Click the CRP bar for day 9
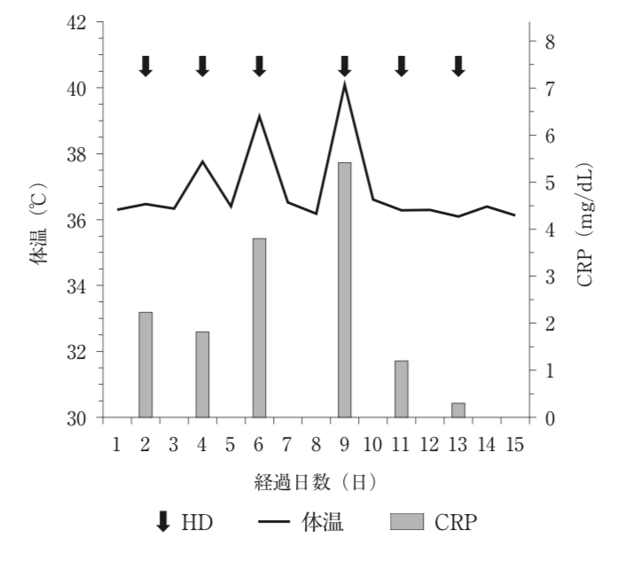[x=345, y=290]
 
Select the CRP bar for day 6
[x=259, y=328]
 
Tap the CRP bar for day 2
[x=145, y=365]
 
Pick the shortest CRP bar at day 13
[x=458, y=410]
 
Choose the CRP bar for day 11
[x=402, y=389]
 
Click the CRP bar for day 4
[x=202, y=374]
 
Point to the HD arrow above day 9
[x=345, y=66]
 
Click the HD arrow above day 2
[x=145, y=66]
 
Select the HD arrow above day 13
[x=458, y=66]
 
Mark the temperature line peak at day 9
[x=345, y=82]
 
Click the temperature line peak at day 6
[x=259, y=116]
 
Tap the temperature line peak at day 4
[x=202, y=161]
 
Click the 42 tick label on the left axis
[x=76, y=23]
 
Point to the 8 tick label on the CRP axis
[x=550, y=42]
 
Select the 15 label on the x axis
[x=515, y=444]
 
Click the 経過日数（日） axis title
[x=316, y=482]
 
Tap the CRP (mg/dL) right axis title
[x=585, y=224]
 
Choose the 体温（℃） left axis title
[x=38, y=224]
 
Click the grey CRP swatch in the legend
[x=407, y=522]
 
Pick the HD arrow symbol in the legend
[x=163, y=522]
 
